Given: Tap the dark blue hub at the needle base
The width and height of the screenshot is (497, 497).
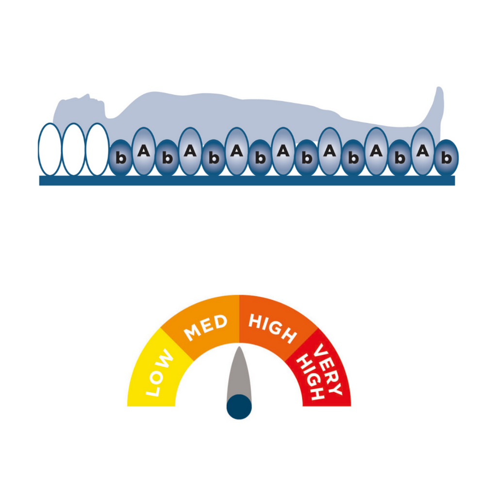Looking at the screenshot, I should (239, 406).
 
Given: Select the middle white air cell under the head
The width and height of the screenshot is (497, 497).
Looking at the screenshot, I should (73, 149).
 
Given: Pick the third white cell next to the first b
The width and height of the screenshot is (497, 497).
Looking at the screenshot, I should (97, 149).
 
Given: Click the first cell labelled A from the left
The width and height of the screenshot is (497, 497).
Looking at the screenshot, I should (144, 151).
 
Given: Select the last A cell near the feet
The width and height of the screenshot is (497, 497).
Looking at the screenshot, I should (423, 151).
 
